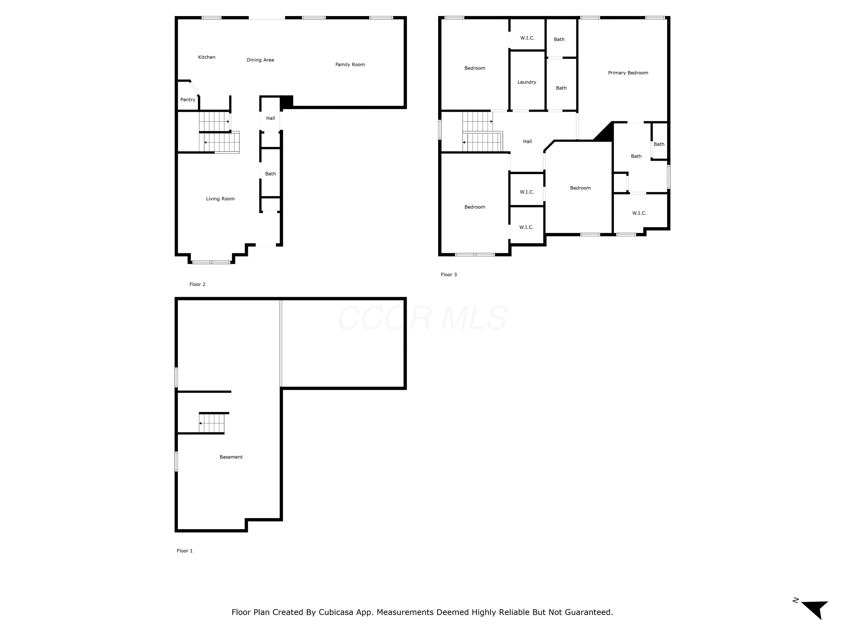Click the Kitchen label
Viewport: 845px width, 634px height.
pos(207,57)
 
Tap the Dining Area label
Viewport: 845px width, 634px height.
pos(260,60)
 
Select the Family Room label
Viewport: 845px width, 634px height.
pos(350,65)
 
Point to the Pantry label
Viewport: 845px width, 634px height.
pos(188,100)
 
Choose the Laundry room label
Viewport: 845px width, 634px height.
pos(527,82)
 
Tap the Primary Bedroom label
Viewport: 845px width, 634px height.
pos(628,73)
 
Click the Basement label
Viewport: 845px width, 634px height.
pos(231,457)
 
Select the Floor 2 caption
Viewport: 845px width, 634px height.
pos(197,284)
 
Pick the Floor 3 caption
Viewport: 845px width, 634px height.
pos(449,274)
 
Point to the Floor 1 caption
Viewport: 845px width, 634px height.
pos(185,551)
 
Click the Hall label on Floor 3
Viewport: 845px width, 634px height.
pos(528,141)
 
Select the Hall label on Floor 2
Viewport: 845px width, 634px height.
pos(270,118)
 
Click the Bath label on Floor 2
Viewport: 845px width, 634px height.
pos(270,174)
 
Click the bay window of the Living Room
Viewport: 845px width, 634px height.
pos(211,262)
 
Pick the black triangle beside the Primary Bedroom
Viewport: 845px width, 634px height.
pos(606,134)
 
